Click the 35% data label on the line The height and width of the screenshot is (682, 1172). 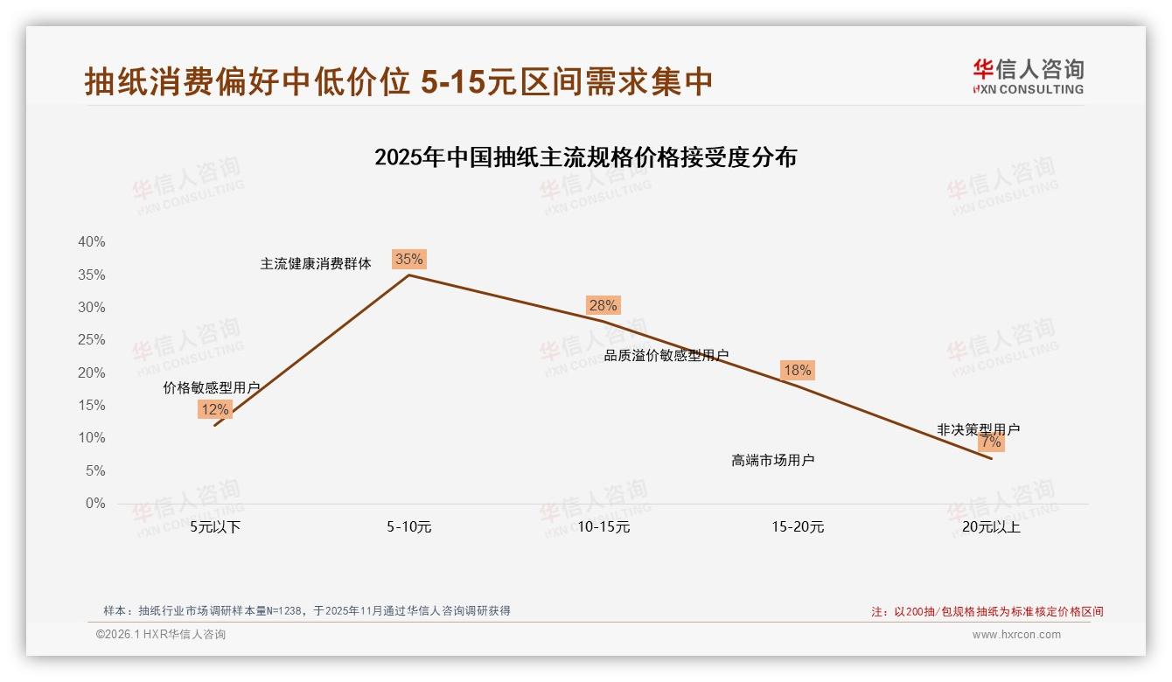click(408, 259)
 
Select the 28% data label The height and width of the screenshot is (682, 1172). click(603, 305)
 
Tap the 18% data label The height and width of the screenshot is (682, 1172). click(797, 370)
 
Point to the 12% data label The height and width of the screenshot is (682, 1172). click(214, 409)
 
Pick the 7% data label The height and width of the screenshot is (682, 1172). click(991, 442)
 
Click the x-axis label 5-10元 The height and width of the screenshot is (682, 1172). click(408, 527)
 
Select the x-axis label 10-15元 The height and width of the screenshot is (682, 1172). click(603, 527)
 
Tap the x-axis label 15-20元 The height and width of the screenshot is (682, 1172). click(798, 527)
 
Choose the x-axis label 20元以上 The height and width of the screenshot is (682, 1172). click(991, 527)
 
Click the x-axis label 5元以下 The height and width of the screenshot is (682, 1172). click(215, 527)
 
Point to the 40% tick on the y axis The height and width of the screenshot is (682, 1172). click(92, 242)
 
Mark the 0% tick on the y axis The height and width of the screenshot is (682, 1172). click(95, 504)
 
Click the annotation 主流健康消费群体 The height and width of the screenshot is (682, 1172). click(316, 263)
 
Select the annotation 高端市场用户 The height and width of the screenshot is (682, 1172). click(772, 460)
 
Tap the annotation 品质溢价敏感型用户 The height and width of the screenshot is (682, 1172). click(666, 355)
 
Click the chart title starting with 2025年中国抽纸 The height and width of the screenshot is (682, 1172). click(585, 157)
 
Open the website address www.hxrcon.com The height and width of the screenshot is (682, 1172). click(1016, 635)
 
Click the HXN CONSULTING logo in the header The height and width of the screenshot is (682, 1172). click(1028, 77)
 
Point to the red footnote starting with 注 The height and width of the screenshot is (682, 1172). click(987, 612)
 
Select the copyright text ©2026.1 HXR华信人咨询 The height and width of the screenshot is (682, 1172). click(161, 635)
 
